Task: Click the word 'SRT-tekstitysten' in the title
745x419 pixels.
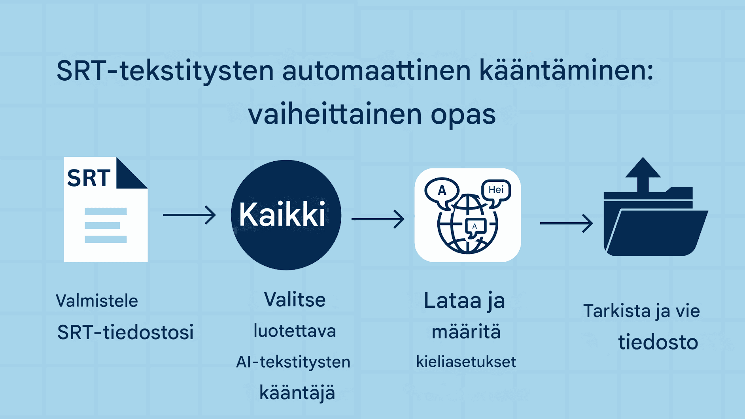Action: [x=165, y=71]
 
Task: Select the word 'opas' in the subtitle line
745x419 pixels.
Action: [x=463, y=115]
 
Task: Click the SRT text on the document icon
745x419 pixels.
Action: [x=89, y=178]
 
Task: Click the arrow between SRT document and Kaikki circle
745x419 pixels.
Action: [x=189, y=215]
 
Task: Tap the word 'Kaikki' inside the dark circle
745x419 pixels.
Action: [x=282, y=215]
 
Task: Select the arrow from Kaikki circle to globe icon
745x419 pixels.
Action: [x=378, y=219]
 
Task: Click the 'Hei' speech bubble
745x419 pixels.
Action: [x=496, y=191]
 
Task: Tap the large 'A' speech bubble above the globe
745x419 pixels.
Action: [x=442, y=192]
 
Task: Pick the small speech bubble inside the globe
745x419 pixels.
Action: [x=475, y=226]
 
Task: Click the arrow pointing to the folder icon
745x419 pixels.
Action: [x=566, y=223]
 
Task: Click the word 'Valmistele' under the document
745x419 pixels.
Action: [x=97, y=301]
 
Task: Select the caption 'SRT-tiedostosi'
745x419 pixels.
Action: [x=125, y=332]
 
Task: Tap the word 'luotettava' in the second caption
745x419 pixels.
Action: [x=295, y=331]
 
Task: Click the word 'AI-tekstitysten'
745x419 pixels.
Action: [x=293, y=362]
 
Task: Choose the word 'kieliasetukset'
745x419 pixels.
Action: [x=466, y=362]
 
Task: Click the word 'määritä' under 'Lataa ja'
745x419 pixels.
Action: [x=466, y=332]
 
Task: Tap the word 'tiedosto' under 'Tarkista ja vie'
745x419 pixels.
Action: [x=658, y=342]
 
